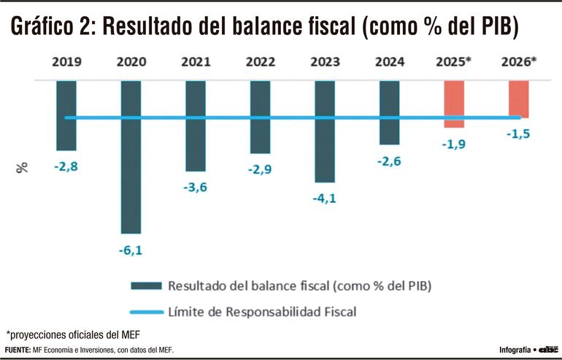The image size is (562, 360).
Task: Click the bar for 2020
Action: coord(131,156)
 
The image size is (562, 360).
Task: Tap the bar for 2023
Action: coord(325,131)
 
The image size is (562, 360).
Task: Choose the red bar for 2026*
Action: coord(519,99)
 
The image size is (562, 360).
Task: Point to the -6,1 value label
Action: coord(131,250)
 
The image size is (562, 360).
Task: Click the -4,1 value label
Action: coord(325,199)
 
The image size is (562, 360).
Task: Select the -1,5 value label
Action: coord(519,134)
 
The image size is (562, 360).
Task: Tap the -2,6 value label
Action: coord(389,161)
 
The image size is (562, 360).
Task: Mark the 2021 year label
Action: coord(195,63)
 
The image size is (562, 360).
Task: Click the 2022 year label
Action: coord(260,63)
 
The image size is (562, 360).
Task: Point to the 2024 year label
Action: coord(389,63)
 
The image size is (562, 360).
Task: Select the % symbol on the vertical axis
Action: coord(23,167)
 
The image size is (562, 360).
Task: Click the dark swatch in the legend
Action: coord(145,285)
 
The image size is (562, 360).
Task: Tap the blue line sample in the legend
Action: coord(145,312)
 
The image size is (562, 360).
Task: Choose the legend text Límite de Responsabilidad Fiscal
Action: coord(262,312)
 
